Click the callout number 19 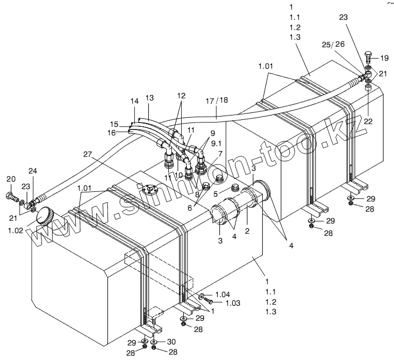pyautogui.click(x=384, y=57)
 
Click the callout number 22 pyautogui.click(x=368, y=121)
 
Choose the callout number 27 pyautogui.click(x=87, y=154)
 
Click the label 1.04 pyautogui.click(x=223, y=294)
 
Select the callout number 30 pyautogui.click(x=171, y=341)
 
